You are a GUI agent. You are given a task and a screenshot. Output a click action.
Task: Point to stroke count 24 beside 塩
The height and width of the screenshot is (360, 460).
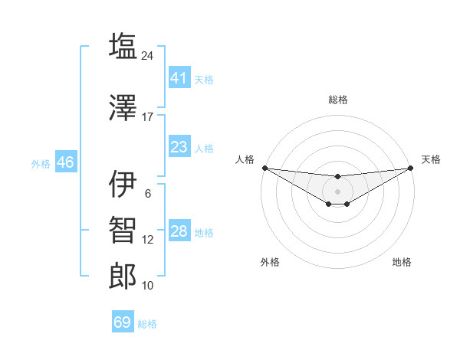click(x=148, y=55)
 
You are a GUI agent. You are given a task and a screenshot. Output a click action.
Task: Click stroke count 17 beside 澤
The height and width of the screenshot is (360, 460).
click(x=148, y=117)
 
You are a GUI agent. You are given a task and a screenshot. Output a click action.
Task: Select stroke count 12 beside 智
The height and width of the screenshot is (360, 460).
click(x=148, y=240)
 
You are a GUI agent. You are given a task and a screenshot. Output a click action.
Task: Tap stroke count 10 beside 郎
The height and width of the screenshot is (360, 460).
click(x=148, y=286)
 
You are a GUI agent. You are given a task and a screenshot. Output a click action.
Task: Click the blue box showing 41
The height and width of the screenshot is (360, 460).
click(x=179, y=78)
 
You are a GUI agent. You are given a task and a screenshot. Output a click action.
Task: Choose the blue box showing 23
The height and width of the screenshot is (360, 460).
click(x=179, y=147)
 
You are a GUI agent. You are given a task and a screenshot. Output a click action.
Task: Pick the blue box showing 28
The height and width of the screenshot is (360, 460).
click(x=179, y=231)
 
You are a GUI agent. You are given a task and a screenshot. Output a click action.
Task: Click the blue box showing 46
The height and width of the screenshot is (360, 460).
click(x=65, y=162)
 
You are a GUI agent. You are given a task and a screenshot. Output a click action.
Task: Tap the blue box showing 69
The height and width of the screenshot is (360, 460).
click(x=123, y=322)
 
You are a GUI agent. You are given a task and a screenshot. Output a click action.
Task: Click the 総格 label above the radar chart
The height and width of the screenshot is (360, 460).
click(x=337, y=100)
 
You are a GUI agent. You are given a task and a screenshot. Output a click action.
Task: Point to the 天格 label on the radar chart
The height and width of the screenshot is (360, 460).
click(x=431, y=159)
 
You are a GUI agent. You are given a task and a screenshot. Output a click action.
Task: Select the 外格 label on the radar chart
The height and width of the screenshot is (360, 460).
click(x=270, y=262)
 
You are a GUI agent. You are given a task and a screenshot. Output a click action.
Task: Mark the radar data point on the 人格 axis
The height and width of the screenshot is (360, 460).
click(x=264, y=168)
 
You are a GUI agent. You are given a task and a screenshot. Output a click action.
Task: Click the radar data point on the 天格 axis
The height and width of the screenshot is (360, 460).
click(x=410, y=168)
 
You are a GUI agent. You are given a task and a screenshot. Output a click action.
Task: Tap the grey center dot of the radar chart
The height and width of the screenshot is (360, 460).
click(x=337, y=191)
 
